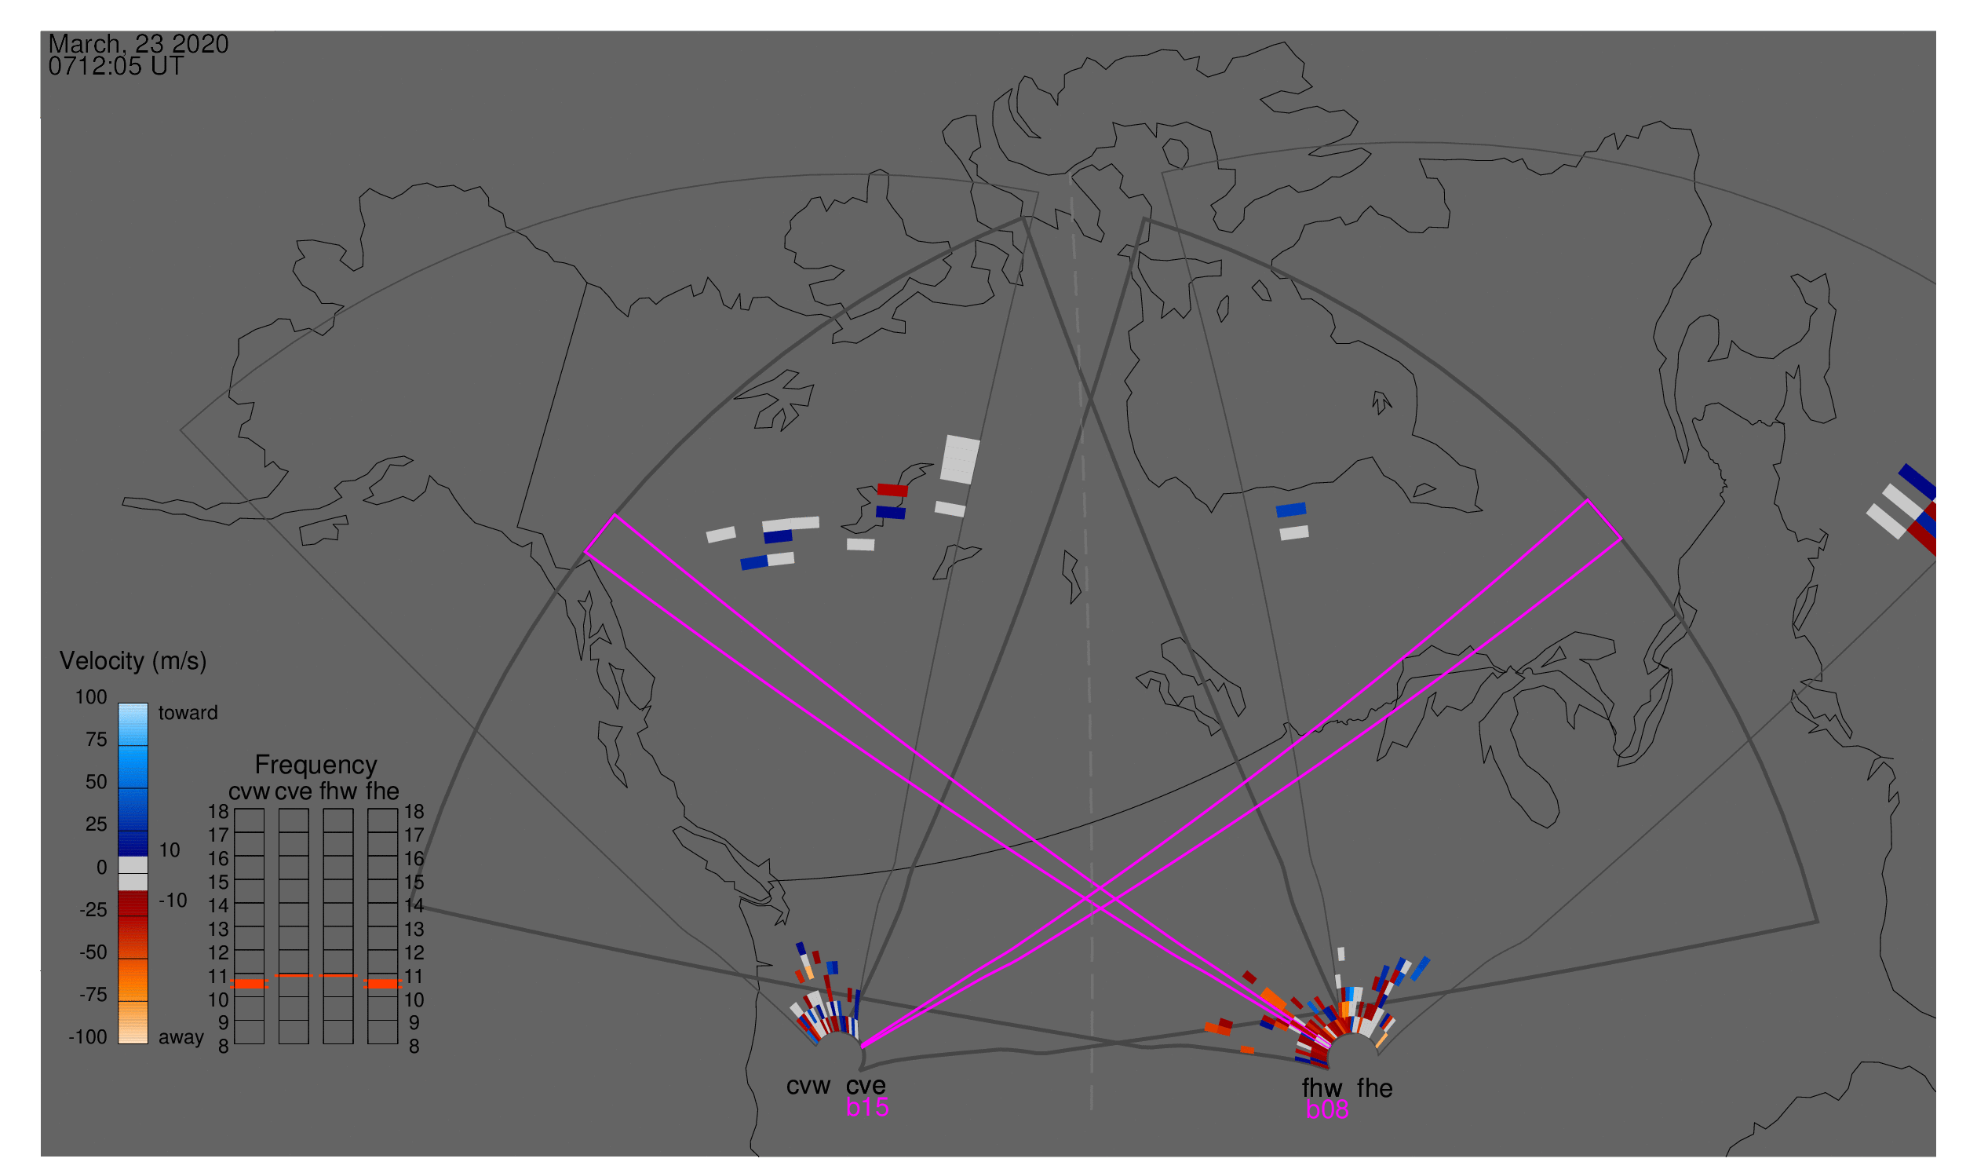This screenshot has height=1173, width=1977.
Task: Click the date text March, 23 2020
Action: [x=138, y=43]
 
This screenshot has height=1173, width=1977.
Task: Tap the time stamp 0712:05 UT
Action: [x=116, y=67]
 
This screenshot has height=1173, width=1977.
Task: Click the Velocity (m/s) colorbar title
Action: [x=133, y=662]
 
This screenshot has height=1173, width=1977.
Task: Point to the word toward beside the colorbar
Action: [x=188, y=714]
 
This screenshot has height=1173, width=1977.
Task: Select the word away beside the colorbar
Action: [x=181, y=1038]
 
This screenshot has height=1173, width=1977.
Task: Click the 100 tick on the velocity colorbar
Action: [x=91, y=698]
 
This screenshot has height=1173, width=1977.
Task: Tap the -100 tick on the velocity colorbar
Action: [x=88, y=1038]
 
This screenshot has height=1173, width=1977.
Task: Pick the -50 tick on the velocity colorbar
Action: [x=93, y=953]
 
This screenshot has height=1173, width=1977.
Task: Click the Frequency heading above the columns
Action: [x=316, y=766]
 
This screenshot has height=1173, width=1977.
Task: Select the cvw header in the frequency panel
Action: [x=249, y=792]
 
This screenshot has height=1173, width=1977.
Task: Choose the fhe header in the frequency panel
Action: [x=382, y=792]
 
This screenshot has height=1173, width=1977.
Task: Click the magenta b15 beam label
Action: [x=867, y=1108]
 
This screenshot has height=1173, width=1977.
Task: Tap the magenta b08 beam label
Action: [x=1327, y=1110]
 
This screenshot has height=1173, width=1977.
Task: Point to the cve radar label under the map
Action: [x=866, y=1087]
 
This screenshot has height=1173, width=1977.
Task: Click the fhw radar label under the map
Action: [x=1322, y=1089]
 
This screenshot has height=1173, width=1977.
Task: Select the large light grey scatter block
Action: [x=960, y=460]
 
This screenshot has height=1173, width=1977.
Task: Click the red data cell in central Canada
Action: [x=893, y=490]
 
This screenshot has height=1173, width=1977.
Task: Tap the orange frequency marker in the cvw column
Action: [x=250, y=985]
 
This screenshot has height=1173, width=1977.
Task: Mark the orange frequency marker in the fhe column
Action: [x=383, y=985]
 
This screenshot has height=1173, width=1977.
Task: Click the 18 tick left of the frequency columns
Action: [x=218, y=813]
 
